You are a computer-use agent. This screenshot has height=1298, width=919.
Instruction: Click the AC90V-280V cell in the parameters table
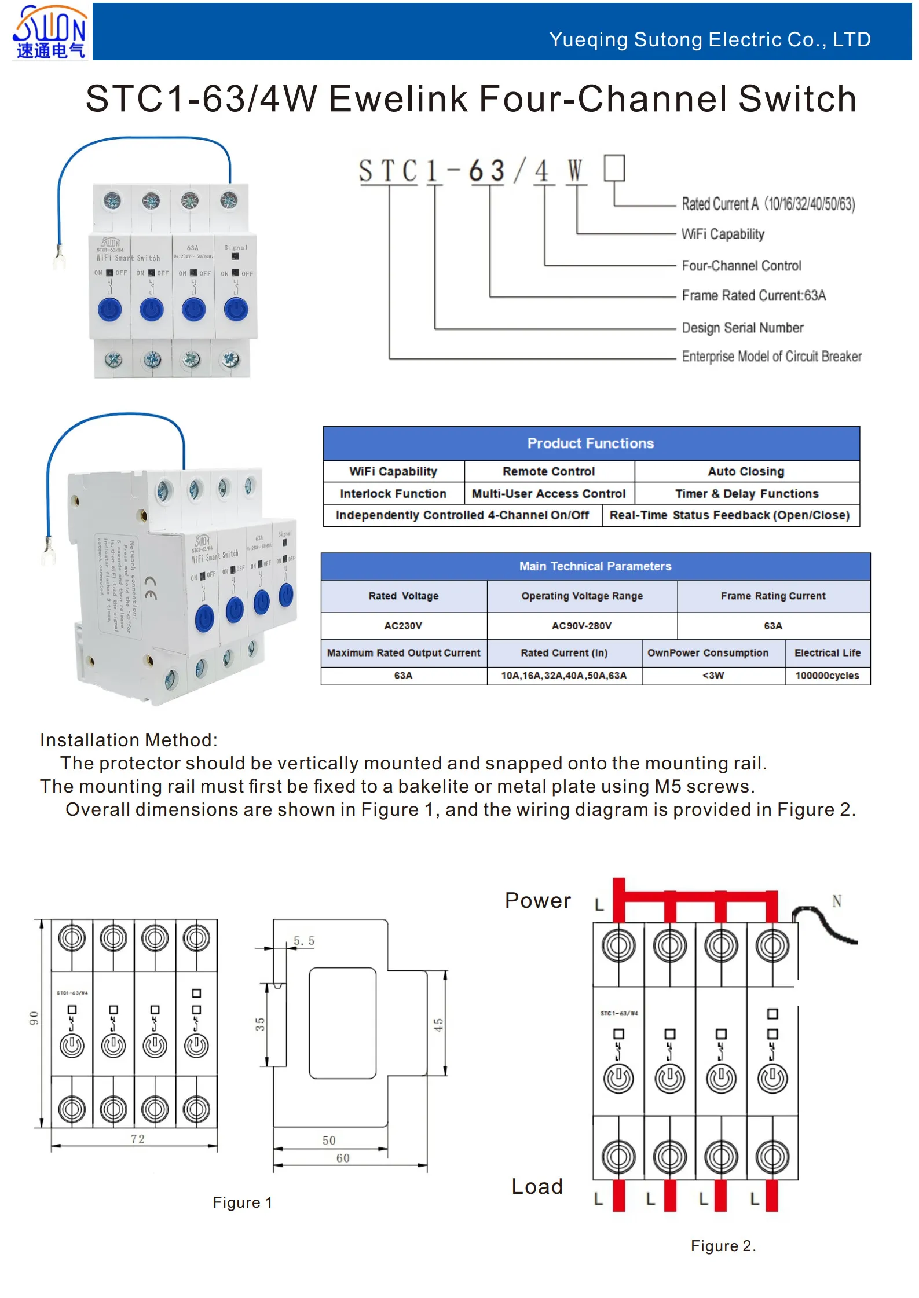pos(581,625)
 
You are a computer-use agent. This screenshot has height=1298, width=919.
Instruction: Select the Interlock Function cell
pos(393,493)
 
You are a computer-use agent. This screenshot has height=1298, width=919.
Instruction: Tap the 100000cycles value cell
pos(827,675)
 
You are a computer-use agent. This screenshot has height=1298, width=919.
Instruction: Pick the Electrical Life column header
pos(827,652)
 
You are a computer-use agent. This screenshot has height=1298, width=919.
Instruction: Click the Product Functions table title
pos(591,443)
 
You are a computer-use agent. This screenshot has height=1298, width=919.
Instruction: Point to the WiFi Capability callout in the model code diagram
pos(723,234)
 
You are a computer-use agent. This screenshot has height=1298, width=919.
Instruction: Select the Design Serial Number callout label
pos(742,328)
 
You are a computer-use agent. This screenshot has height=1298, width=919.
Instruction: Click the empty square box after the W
pos(614,168)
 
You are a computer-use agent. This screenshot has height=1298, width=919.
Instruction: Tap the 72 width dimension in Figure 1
pos(138,1139)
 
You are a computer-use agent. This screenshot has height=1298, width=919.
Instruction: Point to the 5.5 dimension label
pos(304,941)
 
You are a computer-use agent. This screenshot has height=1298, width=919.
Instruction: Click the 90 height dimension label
pos(34,1018)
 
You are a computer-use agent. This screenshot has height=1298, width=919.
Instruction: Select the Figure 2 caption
pos(723,1245)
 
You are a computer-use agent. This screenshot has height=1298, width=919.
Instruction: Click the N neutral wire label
pos(836,901)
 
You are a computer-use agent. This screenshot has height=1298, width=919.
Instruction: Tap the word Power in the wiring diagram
pos(537,900)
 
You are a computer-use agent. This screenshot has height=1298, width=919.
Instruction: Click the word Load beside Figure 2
pos(537,1186)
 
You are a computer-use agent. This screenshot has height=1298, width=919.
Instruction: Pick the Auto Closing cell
pos(746,471)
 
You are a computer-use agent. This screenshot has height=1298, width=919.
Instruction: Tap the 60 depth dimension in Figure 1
pos(343,1158)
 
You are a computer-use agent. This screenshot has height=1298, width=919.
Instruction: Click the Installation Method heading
pos(129,739)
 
